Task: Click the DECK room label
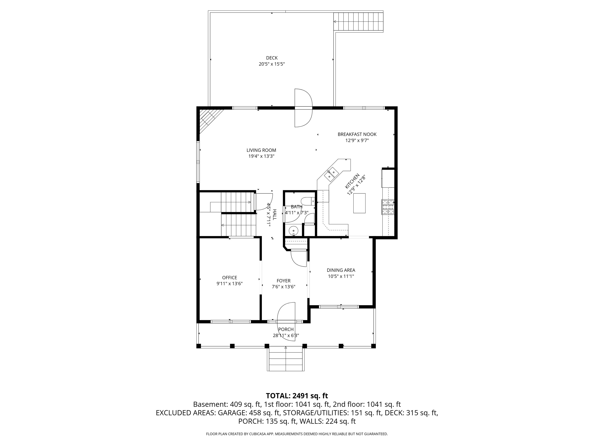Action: pyautogui.click(x=271, y=58)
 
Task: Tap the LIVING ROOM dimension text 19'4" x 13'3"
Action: pyautogui.click(x=261, y=156)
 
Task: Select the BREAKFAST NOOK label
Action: pyautogui.click(x=357, y=134)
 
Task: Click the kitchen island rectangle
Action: pyautogui.click(x=359, y=203)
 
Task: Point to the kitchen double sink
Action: pyautogui.click(x=331, y=174)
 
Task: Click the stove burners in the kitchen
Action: pyautogui.click(x=388, y=207)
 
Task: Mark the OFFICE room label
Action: pyautogui.click(x=229, y=277)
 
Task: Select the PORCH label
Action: pyautogui.click(x=286, y=329)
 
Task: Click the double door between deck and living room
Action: pyautogui.click(x=303, y=108)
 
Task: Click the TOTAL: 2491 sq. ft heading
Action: pyautogui.click(x=297, y=396)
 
